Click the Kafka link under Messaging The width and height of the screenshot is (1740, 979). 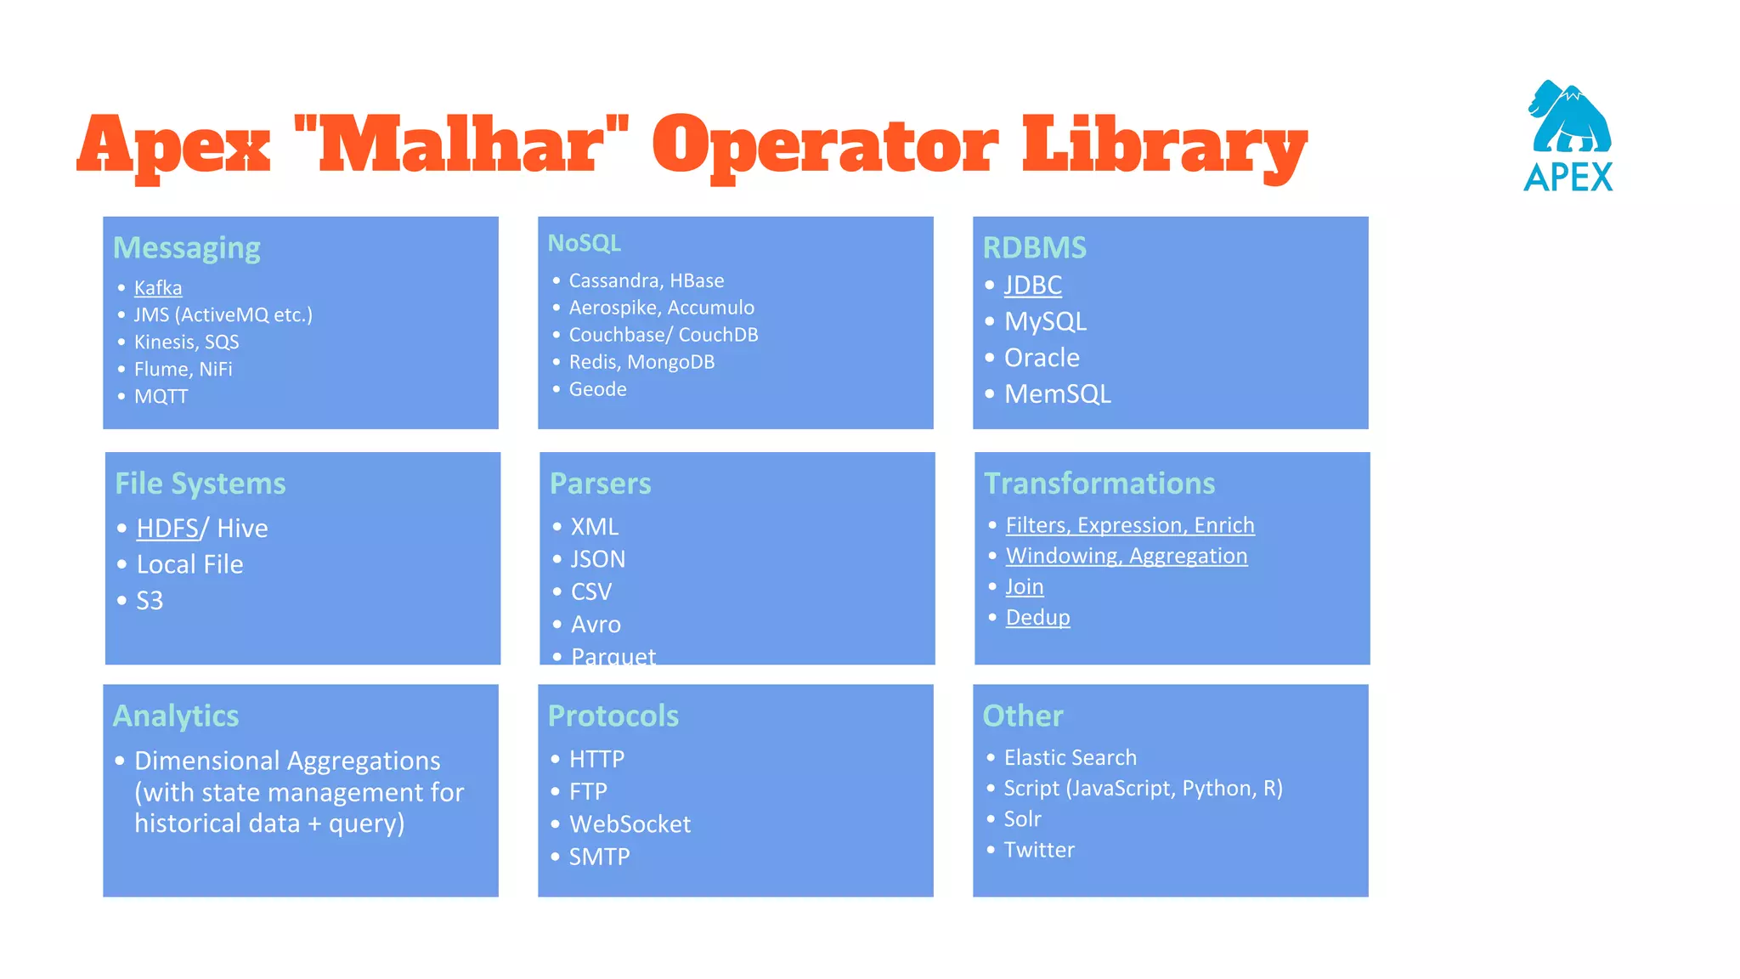158,288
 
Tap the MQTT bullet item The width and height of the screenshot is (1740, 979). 161,397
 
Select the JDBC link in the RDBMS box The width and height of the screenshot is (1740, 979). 1032,286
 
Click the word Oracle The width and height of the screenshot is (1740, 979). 1042,358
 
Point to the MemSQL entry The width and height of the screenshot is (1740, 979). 1057,394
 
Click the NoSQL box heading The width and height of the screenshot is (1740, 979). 585,244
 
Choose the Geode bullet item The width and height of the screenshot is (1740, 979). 597,389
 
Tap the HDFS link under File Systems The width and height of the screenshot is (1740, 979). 167,529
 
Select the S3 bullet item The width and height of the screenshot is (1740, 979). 150,601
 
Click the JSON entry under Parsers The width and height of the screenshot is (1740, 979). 598,559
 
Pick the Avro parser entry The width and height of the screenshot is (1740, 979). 596,625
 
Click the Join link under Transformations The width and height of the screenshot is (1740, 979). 1024,587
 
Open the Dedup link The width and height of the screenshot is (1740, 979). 1037,618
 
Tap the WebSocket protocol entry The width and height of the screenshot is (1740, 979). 630,824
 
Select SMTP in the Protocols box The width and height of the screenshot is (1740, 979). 599,857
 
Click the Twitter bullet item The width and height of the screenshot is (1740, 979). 1039,850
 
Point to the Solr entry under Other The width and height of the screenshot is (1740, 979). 1022,819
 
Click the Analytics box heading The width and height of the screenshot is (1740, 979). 176,716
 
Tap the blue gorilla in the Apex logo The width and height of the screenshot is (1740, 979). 1568,118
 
